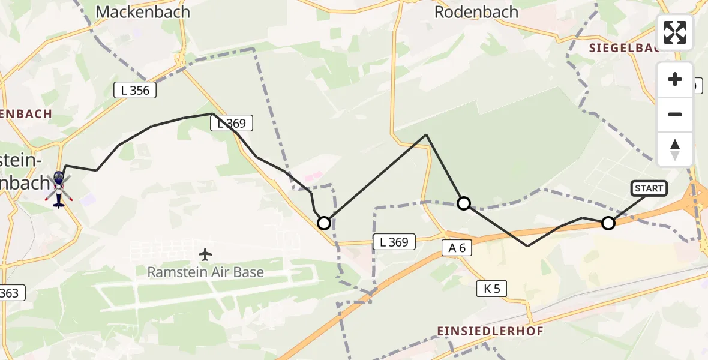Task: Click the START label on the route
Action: [x=649, y=188]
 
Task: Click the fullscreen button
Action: [x=675, y=32]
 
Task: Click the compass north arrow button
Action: [x=675, y=149]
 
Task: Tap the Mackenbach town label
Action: [x=143, y=11]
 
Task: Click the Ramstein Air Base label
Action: [x=206, y=272]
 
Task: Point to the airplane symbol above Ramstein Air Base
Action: [x=205, y=254]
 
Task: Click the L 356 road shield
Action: [x=135, y=91]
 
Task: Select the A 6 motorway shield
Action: [x=458, y=248]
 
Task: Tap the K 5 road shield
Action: [x=491, y=289]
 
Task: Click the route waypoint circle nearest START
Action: [x=608, y=223]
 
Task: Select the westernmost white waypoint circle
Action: [x=324, y=223]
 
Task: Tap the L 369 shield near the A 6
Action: [x=394, y=242]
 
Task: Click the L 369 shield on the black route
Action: [x=232, y=124]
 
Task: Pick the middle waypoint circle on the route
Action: [x=464, y=203]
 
